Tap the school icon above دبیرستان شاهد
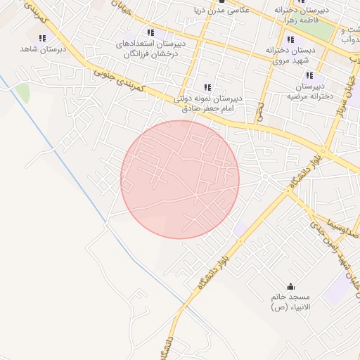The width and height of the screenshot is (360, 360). tap(42, 38)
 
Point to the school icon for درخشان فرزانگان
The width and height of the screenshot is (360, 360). tap(150, 32)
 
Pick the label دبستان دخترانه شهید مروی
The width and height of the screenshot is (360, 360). tap(290, 56)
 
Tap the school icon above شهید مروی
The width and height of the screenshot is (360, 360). tap(290, 39)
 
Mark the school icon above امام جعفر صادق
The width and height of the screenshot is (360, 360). tap(207, 87)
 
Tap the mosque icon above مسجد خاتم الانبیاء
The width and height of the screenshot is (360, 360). tap(292, 287)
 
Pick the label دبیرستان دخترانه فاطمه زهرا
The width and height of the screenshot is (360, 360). tap(303, 16)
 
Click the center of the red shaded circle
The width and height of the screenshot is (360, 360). tap(180, 179)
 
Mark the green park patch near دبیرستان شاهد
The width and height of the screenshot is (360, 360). tap(23, 92)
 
